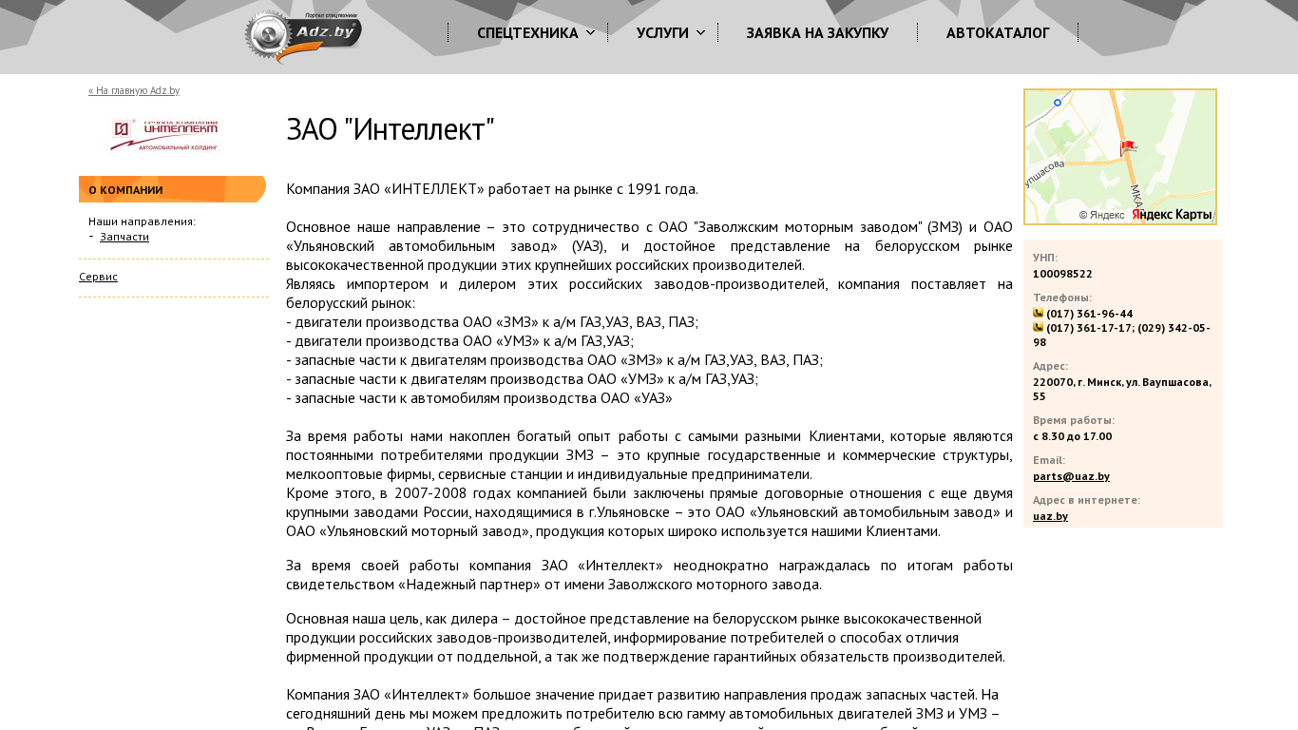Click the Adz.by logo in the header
(303, 36)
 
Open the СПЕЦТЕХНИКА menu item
(527, 33)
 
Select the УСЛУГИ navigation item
(662, 33)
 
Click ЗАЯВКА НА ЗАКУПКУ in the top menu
(817, 33)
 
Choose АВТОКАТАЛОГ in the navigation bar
(998, 33)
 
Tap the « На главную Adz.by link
(134, 91)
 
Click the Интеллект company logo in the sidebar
(164, 135)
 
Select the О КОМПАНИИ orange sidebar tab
(126, 190)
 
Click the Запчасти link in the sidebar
(124, 237)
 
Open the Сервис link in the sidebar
(98, 277)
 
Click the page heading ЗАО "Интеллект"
(391, 130)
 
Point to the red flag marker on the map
(1127, 147)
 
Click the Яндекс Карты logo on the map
(1172, 215)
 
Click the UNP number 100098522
(1062, 274)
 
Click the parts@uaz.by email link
(1071, 476)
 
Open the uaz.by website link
(1050, 516)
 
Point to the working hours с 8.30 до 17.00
(1072, 436)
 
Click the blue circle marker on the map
(1057, 103)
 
